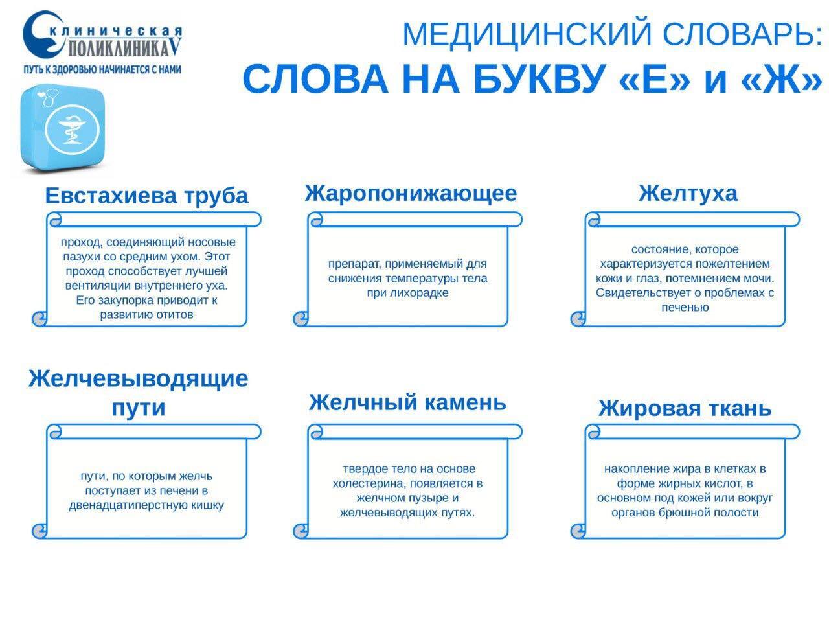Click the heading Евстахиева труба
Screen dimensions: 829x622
pyautogui.click(x=146, y=196)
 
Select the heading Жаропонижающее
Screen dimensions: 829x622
pyautogui.click(x=411, y=194)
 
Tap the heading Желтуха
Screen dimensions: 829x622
pyautogui.click(x=687, y=194)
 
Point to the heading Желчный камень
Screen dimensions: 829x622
pyautogui.click(x=407, y=402)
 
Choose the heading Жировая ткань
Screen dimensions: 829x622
pyautogui.click(x=685, y=409)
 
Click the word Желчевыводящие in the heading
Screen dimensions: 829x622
pyautogui.click(x=139, y=379)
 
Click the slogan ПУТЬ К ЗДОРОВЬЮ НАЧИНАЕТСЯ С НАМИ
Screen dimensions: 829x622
pyautogui.click(x=102, y=69)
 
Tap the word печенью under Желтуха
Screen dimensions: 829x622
pyautogui.click(x=685, y=308)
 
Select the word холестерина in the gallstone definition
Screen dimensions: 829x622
pyautogui.click(x=369, y=484)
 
